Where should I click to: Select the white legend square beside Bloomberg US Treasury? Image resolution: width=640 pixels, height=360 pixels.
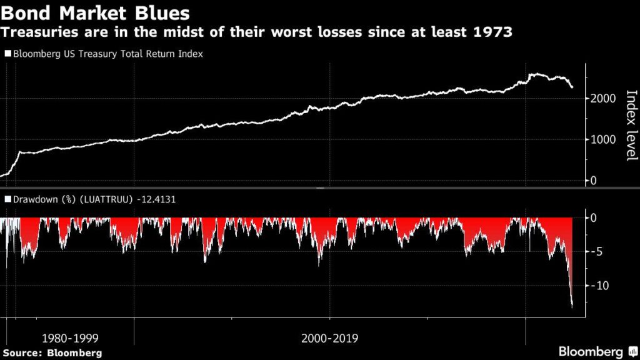(x=7, y=54)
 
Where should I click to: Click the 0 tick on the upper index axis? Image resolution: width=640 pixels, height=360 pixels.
(x=594, y=181)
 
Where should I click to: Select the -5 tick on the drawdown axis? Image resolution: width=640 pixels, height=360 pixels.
(x=596, y=252)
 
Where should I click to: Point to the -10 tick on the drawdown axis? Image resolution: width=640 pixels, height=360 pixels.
(x=599, y=286)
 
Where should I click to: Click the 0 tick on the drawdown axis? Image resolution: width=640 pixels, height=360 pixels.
(x=594, y=217)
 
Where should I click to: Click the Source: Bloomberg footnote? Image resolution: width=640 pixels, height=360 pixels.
(x=52, y=353)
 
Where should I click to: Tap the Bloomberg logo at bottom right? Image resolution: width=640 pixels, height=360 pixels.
(x=597, y=351)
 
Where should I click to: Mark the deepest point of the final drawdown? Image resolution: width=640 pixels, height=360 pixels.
(x=572, y=306)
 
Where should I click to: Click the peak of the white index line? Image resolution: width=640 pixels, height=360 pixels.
(x=532, y=74)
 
